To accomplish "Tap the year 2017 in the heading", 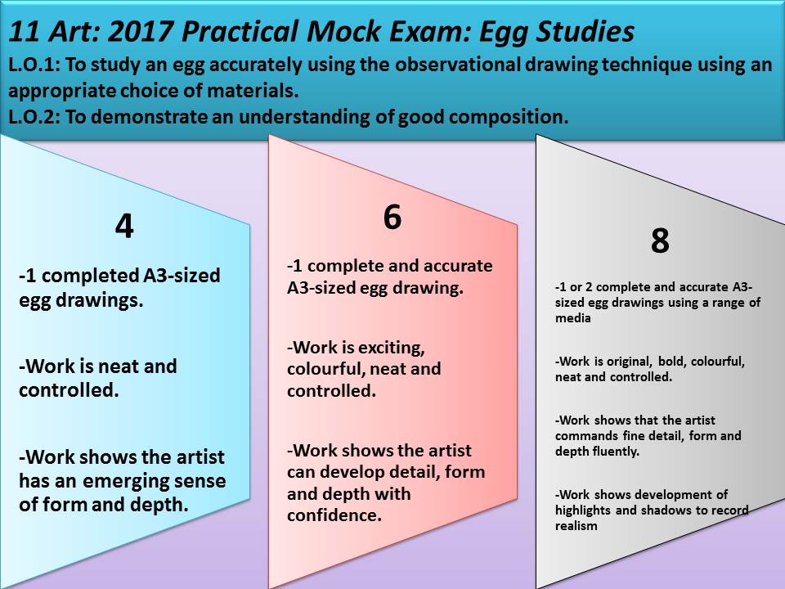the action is click(x=140, y=31).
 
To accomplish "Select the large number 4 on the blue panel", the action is click(x=124, y=226).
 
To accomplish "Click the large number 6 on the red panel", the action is click(x=392, y=217).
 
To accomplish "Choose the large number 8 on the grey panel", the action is click(x=660, y=241).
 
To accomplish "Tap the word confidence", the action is click(x=334, y=515).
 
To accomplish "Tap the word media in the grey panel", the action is click(x=572, y=318).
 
